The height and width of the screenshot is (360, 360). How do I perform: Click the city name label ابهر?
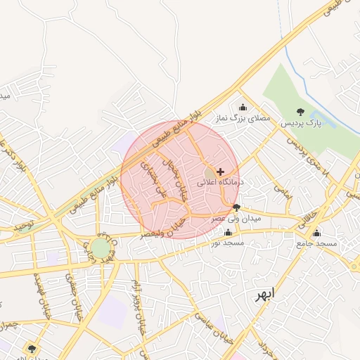pyautogui.click(x=268, y=296)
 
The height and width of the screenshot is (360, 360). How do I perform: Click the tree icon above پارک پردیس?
pyautogui.click(x=301, y=112)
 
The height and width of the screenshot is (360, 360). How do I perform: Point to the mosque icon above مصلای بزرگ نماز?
pyautogui.click(x=243, y=108)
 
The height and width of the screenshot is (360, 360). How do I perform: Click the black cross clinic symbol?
pyautogui.click(x=221, y=172)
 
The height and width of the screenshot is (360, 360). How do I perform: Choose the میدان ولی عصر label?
pyautogui.click(x=237, y=219)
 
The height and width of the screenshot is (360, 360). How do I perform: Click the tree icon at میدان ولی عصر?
pyautogui.click(x=236, y=207)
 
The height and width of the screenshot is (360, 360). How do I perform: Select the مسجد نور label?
pyautogui.click(x=228, y=243)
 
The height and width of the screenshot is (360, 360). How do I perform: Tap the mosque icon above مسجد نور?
pyautogui.click(x=228, y=232)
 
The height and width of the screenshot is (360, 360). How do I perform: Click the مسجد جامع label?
pyautogui.click(x=316, y=244)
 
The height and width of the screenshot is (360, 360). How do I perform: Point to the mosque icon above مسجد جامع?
pyautogui.click(x=316, y=233)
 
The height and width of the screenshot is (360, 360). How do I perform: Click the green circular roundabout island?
pyautogui.click(x=101, y=248)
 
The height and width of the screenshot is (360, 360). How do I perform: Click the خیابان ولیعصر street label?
pyautogui.click(x=162, y=228)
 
